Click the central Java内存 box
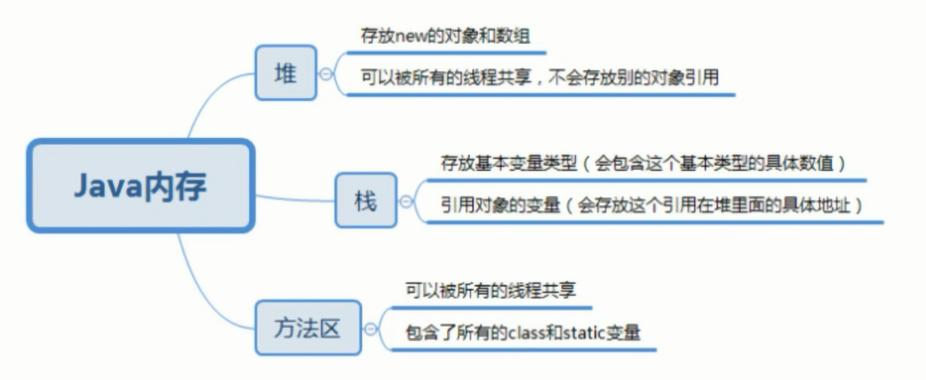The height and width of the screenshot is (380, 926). pos(140,186)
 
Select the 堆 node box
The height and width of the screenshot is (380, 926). pos(286,72)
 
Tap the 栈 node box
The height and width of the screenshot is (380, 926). pos(366,200)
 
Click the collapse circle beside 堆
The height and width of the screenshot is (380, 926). pos(326,73)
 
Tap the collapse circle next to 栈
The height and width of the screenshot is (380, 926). pos(406,201)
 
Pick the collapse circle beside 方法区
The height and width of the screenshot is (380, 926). pos(370,329)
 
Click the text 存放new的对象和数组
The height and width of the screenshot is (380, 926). pos(445,36)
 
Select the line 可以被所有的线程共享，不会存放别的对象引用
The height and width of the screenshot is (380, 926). pos(540,77)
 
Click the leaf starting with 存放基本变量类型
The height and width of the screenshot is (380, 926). pos(643,163)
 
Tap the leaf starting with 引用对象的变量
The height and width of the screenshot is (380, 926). pos(652,205)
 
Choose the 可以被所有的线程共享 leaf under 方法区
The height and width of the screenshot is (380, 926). pos(490,290)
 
